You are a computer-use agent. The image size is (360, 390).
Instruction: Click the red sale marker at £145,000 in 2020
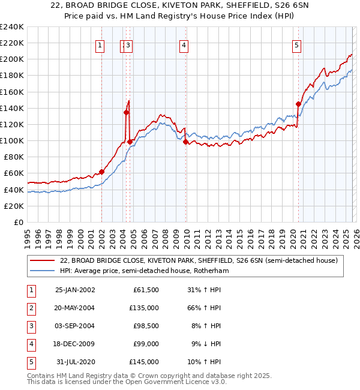pos(298,104)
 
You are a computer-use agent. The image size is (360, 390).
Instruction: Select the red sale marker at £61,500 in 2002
pos(101,172)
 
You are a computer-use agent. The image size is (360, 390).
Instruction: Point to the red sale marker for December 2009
pos(185,142)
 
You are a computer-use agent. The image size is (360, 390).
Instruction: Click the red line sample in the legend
pos(43,261)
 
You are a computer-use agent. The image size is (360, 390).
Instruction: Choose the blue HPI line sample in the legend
pos(43,271)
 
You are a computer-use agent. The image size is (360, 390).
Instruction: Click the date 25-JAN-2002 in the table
pos(75,290)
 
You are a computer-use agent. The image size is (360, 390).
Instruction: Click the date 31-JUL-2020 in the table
pos(75,362)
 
